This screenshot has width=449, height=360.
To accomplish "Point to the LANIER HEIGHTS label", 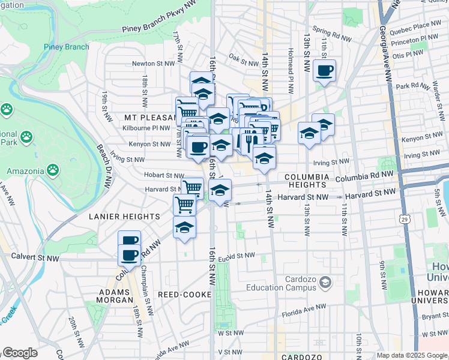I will tap(124, 216).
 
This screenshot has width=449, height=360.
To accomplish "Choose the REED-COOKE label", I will tap(185, 295).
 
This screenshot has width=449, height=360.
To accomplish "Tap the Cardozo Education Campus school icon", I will tap(325, 281).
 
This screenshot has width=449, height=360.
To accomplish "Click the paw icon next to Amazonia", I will tap(54, 170).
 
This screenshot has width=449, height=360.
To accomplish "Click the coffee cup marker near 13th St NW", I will tap(324, 71).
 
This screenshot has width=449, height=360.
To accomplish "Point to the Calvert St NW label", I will tap(35, 257).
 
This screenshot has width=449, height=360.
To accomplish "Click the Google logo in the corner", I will tap(20, 353).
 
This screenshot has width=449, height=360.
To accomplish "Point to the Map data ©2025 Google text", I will tap(412, 355).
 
